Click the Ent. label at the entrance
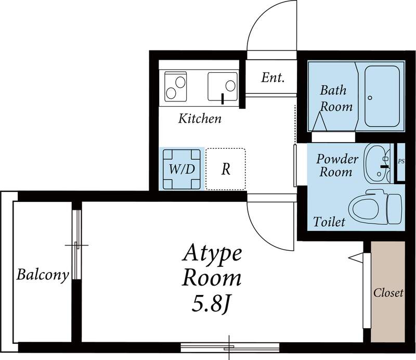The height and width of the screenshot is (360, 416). pos(272,78)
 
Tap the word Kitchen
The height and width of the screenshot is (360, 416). pos(200,119)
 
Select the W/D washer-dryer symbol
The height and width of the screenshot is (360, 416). pos(181,170)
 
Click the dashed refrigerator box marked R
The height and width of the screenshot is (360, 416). pos(226,169)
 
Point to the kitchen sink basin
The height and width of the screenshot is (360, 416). pos(223,86)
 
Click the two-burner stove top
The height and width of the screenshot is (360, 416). pos(175,86)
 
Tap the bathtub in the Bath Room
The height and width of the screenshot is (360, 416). pos(382,96)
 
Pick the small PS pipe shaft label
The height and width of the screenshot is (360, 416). pos(401,161)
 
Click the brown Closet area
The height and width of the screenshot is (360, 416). pos(388,291)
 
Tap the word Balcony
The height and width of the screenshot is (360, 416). pos(43,275)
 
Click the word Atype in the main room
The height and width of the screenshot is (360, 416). pos(212,254)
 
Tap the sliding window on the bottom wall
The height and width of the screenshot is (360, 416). pos(230,348)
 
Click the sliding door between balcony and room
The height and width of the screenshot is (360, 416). pos(76,245)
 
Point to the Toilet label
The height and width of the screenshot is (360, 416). pos(329,222)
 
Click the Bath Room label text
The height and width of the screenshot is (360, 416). pos(336,99)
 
